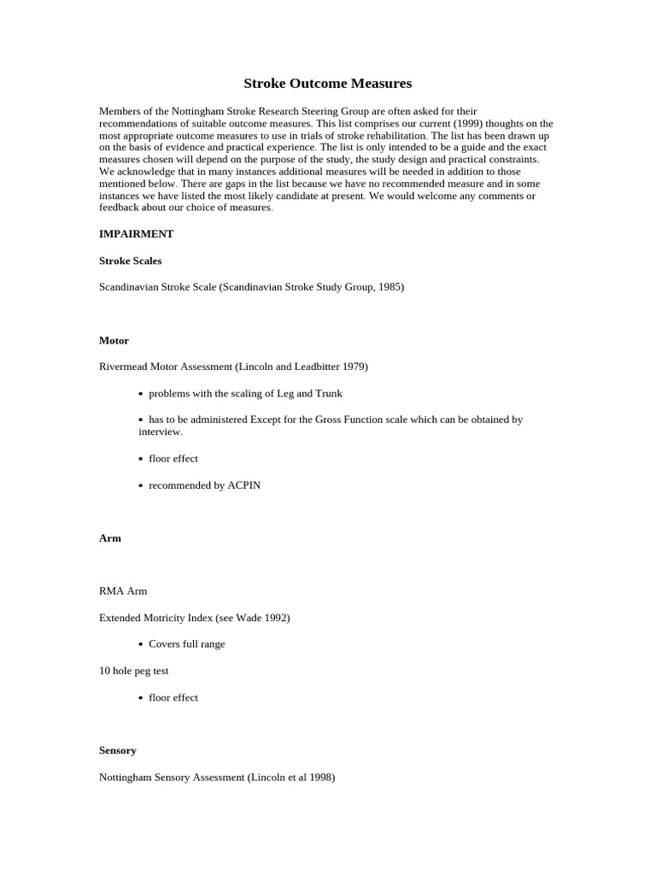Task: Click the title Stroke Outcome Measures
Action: coord(327,84)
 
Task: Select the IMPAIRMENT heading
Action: coord(136,234)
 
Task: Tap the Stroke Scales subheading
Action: coord(130,261)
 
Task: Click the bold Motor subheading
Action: coord(114,340)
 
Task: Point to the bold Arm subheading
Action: coord(110,538)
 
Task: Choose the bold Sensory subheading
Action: coord(118,750)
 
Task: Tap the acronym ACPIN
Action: coord(244,485)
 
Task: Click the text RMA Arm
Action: coord(123,591)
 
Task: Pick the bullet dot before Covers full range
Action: coord(141,644)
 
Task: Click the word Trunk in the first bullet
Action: coord(329,393)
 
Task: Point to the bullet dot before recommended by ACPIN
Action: coord(141,485)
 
